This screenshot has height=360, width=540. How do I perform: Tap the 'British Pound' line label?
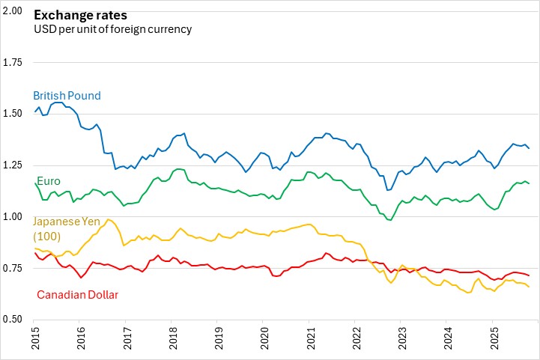click(66, 96)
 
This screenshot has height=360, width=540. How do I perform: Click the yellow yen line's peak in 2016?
click(109, 219)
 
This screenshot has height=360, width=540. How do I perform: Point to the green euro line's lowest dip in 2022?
click(389, 220)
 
